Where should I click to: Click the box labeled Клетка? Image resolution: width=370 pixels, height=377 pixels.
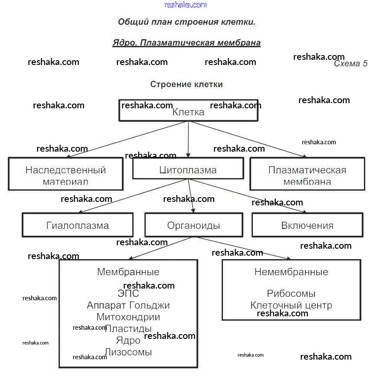[x=188, y=111]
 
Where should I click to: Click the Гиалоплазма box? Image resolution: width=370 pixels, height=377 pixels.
[x=78, y=225]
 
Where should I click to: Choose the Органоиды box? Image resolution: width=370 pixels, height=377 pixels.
[x=193, y=225]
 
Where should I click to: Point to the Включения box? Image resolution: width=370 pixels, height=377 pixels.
[x=307, y=225]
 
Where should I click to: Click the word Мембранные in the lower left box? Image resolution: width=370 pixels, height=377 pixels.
[x=128, y=272]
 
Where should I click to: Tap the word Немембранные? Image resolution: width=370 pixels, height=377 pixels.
[x=291, y=272]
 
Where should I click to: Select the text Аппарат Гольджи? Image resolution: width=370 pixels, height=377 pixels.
[x=128, y=305]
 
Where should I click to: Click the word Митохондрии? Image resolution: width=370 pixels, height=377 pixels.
[x=128, y=317]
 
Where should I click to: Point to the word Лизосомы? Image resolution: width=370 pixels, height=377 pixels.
[x=128, y=352]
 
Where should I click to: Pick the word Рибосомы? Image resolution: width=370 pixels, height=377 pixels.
[x=291, y=294]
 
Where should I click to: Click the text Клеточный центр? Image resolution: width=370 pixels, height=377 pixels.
[x=291, y=305]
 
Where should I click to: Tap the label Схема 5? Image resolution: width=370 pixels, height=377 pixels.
[x=350, y=64]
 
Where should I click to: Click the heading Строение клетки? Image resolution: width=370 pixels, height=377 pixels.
[x=187, y=84]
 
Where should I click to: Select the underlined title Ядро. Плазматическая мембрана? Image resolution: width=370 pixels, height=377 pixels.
[x=187, y=42]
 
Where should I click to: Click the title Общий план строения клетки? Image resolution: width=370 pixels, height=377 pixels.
[x=187, y=22]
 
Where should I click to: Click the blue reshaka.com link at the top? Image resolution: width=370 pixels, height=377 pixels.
[x=186, y=5]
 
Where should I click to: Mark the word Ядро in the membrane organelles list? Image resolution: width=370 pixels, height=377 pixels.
[x=128, y=340]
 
